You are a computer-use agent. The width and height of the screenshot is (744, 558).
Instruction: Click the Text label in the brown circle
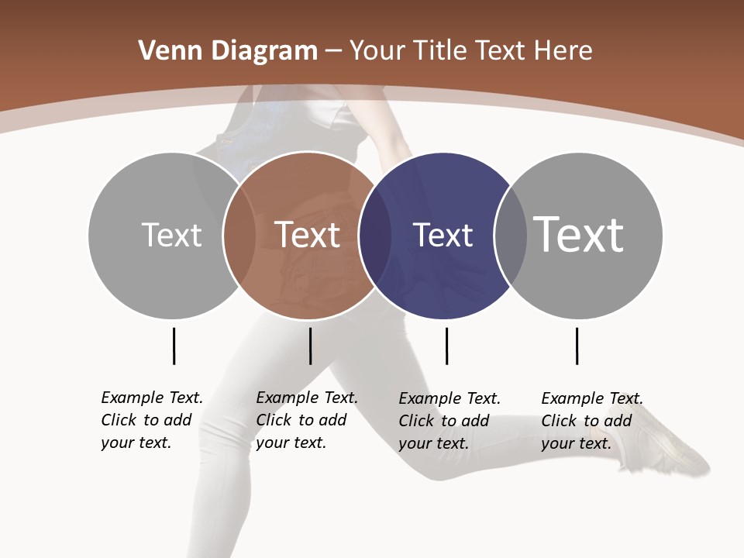pos(307,235)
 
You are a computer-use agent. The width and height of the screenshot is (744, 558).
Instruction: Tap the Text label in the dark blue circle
pos(443,235)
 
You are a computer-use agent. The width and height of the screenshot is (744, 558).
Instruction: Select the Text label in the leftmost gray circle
pos(171,235)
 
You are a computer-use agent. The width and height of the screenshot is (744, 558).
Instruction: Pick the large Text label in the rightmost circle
pos(579,234)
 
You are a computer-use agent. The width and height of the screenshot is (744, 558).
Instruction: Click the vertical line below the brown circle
pos(310,346)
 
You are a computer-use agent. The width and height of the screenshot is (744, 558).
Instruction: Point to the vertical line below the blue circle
pos(446,346)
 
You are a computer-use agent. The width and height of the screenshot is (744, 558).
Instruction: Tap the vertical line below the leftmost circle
pos(174,346)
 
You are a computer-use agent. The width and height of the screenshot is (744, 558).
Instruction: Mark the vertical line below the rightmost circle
pos(577,346)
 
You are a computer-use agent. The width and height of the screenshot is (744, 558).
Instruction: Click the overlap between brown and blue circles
pos(375,236)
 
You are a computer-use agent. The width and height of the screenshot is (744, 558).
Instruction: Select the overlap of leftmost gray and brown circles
pos(239,236)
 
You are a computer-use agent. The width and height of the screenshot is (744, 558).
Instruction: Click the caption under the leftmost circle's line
pos(152,420)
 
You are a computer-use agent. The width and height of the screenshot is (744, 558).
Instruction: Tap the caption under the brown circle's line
pos(307,420)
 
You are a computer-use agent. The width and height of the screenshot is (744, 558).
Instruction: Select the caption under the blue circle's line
pos(449,421)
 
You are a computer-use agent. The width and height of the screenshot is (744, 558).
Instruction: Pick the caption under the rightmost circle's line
pos(592,421)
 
